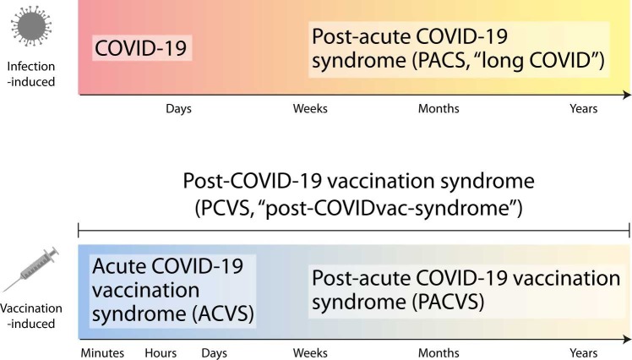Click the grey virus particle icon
coord(31,26)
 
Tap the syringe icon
coord(31,270)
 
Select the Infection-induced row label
coord(31,74)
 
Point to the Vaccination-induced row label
coord(31,316)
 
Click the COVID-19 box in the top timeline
coord(142,48)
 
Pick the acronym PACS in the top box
coord(442,60)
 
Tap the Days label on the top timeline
coord(178,109)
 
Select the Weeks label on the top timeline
coord(310,108)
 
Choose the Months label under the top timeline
coord(439,108)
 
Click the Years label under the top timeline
coord(583,108)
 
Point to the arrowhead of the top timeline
coord(627,95)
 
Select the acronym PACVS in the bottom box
coord(448,302)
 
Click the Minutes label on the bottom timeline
coord(102,353)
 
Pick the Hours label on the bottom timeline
coord(161,353)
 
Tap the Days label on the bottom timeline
coord(214,353)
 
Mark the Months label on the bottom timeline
coord(439,353)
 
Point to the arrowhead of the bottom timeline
coord(627,339)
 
